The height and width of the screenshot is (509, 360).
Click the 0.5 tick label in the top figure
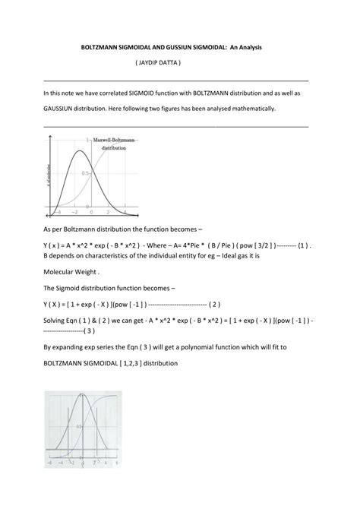pyautogui.click(x=86, y=173)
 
